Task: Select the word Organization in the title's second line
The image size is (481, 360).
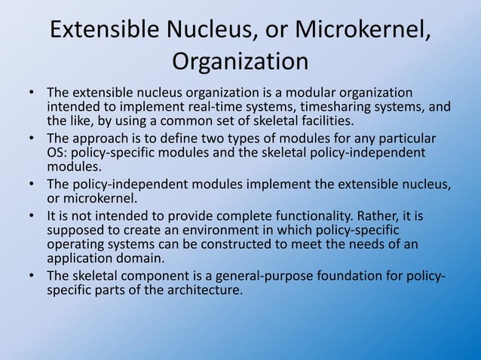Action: tap(240, 60)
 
